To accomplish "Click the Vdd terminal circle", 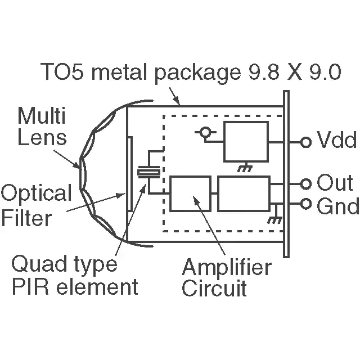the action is coord(306,142).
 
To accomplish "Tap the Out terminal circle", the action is coord(306,184).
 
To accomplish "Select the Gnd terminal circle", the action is coord(306,204).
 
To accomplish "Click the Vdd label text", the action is coord(336,139).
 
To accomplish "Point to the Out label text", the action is coord(335,183).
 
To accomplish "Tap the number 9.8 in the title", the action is coord(263,71).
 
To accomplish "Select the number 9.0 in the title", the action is coord(325,71).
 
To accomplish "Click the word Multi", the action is coord(42,115).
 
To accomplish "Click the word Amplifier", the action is coord(227,268).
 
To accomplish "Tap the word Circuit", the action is coord(214,288).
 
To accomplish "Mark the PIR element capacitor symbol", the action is coord(148,172).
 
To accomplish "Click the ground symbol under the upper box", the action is coord(245,168).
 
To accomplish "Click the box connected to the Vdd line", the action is coord(246,142).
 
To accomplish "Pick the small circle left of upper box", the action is coord(205,132).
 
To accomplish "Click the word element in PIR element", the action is coord(97,286).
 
